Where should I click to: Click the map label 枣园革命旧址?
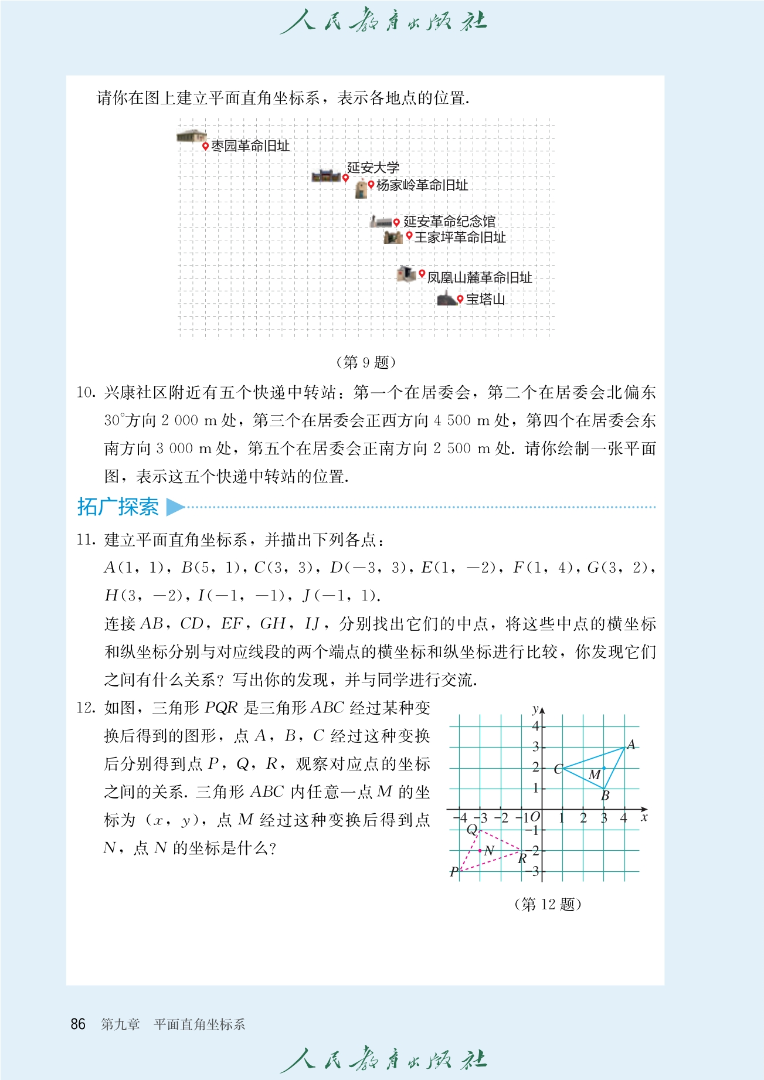coord(250,145)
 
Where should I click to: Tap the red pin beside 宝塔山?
coord(460,299)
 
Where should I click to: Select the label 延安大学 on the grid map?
coord(373,168)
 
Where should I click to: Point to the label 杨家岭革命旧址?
coord(422,185)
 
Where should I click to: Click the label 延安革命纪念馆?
coord(449,221)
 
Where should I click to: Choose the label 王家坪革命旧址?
coord(460,237)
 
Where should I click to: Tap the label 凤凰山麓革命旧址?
coord(479,277)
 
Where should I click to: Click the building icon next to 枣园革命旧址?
coord(191,136)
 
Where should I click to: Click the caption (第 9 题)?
coord(366,362)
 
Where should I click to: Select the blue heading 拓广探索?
coord(118,507)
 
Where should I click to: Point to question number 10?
coord(86,392)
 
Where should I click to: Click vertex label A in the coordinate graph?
coord(631,745)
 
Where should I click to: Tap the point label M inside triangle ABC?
coord(595,775)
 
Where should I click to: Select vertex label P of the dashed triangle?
coord(454,872)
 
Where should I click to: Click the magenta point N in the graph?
coord(480,850)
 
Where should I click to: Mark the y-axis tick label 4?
coord(535,726)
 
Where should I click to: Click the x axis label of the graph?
coord(644,817)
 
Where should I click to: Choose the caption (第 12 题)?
coord(547,904)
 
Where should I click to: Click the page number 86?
coord(78,1024)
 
